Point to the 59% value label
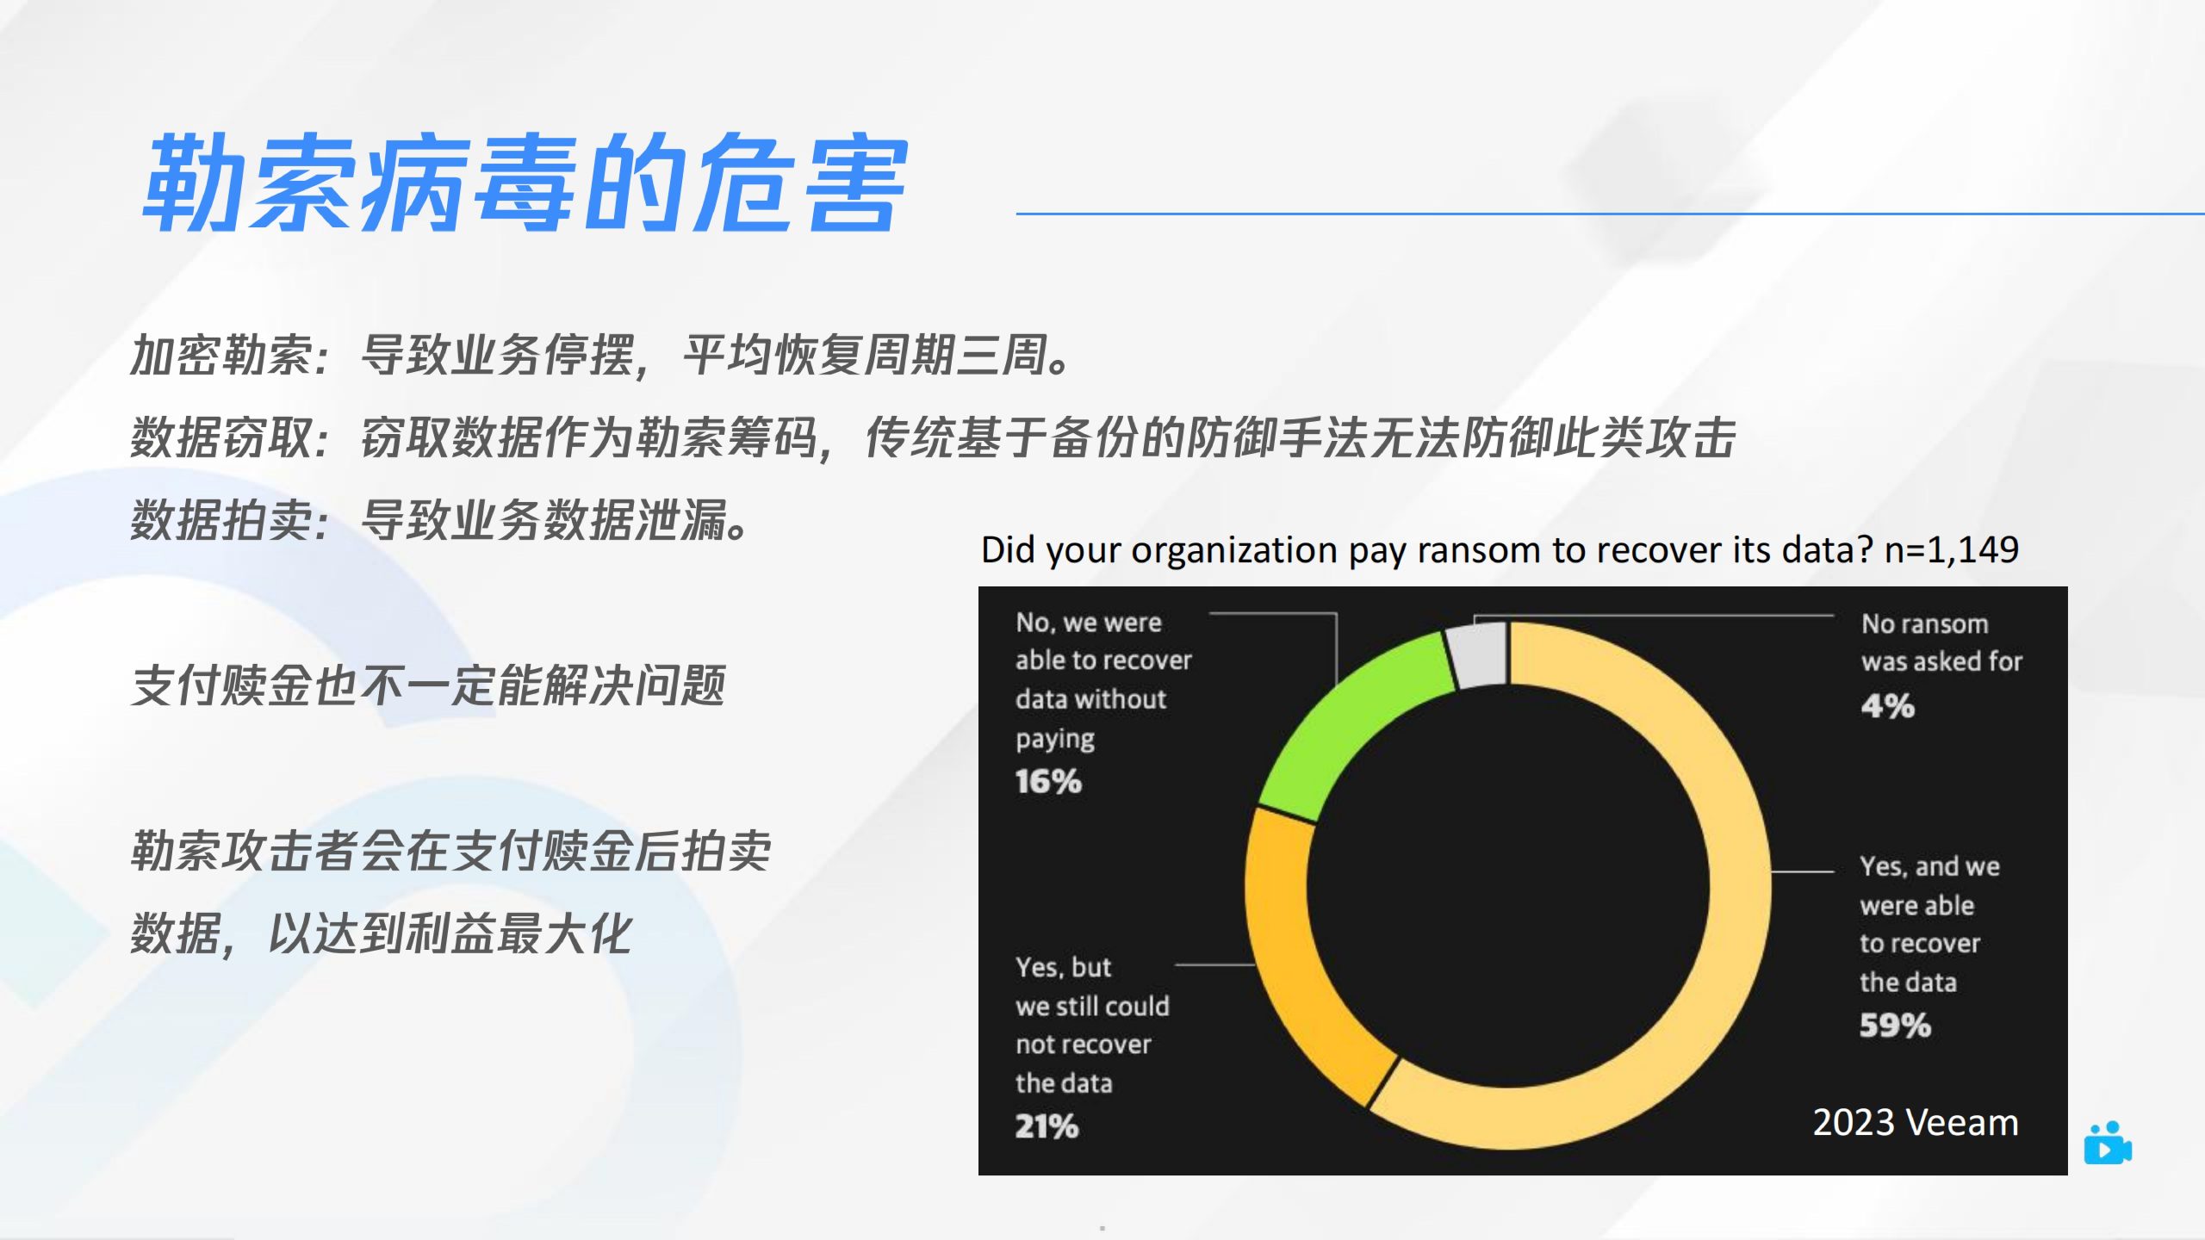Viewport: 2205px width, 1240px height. click(x=1895, y=1025)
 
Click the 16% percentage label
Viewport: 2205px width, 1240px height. click(x=1048, y=781)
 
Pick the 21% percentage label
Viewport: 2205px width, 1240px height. click(x=1047, y=1125)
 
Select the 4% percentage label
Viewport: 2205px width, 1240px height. click(x=1887, y=706)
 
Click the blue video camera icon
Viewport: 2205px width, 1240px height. click(x=2108, y=1144)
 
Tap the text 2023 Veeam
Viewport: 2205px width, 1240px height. click(x=1916, y=1123)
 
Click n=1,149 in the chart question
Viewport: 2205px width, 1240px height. click(x=1952, y=549)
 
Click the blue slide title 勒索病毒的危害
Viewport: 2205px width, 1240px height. click(x=525, y=183)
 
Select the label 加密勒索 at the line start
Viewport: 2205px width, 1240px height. click(x=222, y=355)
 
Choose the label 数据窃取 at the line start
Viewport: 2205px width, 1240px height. click(x=222, y=437)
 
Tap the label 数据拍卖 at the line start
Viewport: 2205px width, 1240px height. click(x=222, y=520)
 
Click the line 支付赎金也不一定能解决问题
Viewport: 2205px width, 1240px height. click(x=428, y=685)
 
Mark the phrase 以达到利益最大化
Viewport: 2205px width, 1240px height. click(x=450, y=933)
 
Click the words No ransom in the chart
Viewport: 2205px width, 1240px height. click(x=1925, y=623)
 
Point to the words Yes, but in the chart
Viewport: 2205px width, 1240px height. click(x=1064, y=967)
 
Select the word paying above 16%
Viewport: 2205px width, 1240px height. click(x=1055, y=740)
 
